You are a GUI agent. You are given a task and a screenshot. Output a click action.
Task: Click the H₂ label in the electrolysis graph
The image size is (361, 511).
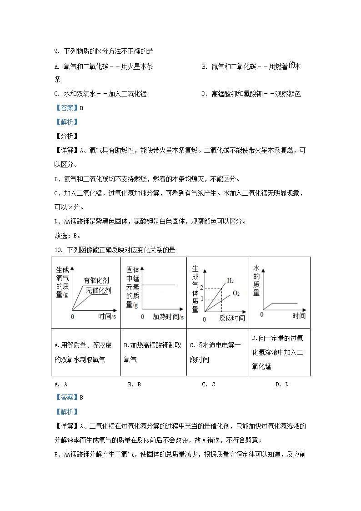point(231,280)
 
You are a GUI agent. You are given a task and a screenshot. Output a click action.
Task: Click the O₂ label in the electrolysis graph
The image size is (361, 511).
point(236,293)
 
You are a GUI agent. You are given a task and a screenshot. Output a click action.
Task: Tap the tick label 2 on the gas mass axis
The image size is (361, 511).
point(201,288)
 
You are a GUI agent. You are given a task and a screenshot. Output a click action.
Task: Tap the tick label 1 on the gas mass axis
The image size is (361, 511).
point(201,299)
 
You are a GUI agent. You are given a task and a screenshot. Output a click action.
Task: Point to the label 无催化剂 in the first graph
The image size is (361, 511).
point(98,290)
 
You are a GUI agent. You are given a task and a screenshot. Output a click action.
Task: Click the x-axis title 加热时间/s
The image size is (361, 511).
point(168,316)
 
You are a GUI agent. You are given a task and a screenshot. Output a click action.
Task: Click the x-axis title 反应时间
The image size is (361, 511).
point(232,319)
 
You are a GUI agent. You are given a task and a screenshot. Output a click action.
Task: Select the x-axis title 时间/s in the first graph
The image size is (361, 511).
point(107,316)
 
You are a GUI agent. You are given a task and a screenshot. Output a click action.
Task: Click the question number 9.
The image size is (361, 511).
point(56,51)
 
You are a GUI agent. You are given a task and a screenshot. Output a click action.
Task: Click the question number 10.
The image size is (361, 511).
point(58,249)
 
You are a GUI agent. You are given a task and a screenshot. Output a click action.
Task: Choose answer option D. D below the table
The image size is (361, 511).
point(282,385)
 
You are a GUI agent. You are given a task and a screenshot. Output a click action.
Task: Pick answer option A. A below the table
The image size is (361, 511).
point(61,385)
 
